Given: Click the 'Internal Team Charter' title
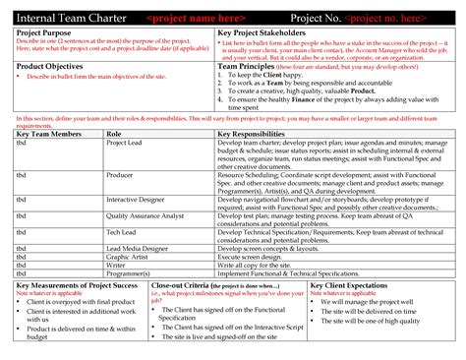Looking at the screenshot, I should point(71,19).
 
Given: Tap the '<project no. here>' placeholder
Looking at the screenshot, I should point(399,19).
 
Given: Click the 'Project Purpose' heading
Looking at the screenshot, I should point(45,32).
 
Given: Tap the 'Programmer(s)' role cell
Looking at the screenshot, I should point(129,271).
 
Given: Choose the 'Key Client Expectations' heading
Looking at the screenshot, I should point(353,283).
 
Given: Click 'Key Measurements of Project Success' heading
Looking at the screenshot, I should point(77,283).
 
